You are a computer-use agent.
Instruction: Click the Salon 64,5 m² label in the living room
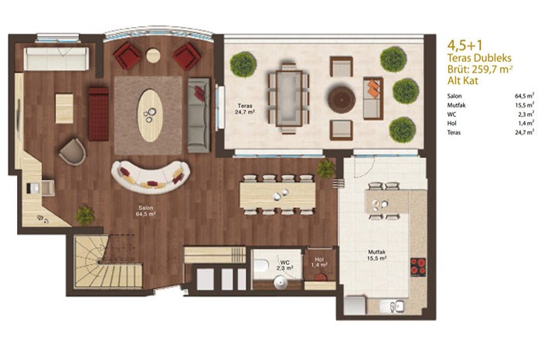146,211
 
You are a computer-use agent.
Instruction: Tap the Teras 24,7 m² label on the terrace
245,109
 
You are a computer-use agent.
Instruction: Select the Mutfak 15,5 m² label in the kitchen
377,255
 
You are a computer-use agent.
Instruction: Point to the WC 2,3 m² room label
285,265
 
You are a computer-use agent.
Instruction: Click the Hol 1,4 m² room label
318,262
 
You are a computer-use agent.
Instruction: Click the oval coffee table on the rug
150,116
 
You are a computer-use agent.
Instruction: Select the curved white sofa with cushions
151,177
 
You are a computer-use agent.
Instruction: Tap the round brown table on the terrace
342,99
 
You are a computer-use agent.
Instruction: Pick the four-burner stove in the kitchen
418,267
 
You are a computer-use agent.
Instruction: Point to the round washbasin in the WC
281,283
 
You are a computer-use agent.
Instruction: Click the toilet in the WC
261,266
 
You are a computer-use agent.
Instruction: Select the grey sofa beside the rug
199,115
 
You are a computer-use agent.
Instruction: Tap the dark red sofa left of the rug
99,114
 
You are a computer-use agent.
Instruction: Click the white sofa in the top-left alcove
56,59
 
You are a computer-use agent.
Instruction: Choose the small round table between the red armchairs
153,55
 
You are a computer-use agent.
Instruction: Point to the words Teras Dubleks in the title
479,58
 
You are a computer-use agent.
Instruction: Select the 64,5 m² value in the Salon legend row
525,96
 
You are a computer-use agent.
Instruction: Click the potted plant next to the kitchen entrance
325,169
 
